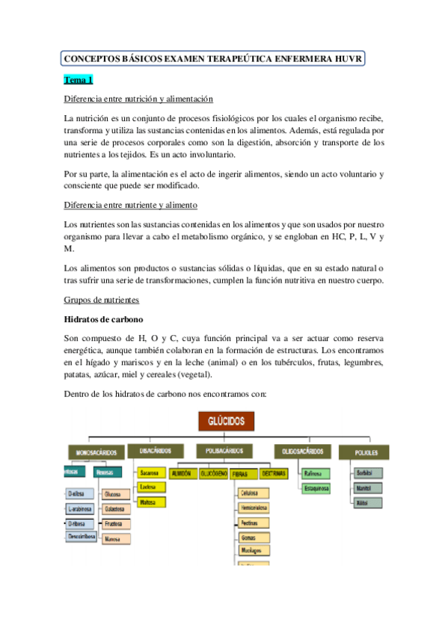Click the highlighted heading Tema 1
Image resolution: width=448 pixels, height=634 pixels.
tap(78, 80)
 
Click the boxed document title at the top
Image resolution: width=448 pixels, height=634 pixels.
tap(213, 58)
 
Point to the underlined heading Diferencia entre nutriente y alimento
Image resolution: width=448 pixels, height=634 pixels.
tap(131, 205)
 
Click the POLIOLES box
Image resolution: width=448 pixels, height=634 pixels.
tap(363, 453)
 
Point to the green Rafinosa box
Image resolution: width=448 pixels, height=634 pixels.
tap(313, 473)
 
